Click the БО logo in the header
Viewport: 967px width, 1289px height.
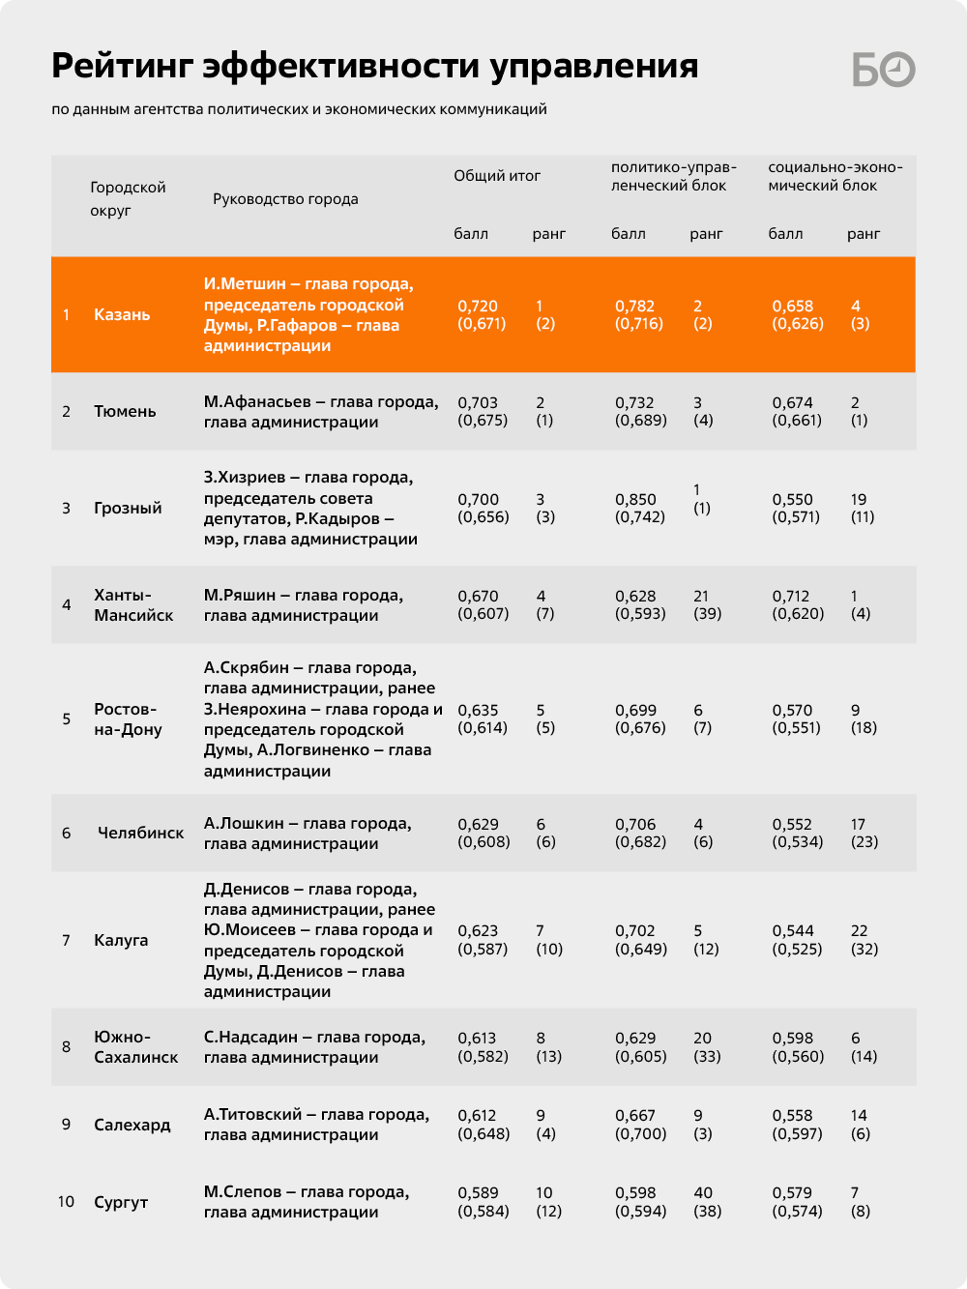pos(884,69)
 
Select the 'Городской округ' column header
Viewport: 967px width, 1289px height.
pos(128,198)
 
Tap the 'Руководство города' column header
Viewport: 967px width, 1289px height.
pos(285,199)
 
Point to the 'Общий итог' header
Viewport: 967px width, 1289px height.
pos(497,176)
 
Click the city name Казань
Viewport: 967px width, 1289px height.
pos(122,314)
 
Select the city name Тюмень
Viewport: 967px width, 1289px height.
pos(125,411)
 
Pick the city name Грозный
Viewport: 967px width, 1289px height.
pos(128,508)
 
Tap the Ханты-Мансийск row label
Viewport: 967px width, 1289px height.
pos(133,604)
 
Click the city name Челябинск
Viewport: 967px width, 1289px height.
pos(140,833)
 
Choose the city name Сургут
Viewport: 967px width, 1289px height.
pos(121,1202)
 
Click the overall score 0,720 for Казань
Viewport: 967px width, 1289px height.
pos(478,306)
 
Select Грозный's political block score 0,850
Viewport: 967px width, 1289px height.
pos(635,499)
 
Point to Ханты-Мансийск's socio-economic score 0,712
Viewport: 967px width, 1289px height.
pos(791,596)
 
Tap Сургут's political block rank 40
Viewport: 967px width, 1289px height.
pos(703,1192)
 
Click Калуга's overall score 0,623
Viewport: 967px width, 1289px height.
pos(478,930)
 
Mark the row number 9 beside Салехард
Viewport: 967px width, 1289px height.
pos(66,1125)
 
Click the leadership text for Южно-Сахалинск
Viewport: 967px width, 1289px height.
pos(314,1047)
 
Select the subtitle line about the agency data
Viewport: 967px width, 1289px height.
pos(299,109)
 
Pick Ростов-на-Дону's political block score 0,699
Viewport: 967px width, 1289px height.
pos(635,710)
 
